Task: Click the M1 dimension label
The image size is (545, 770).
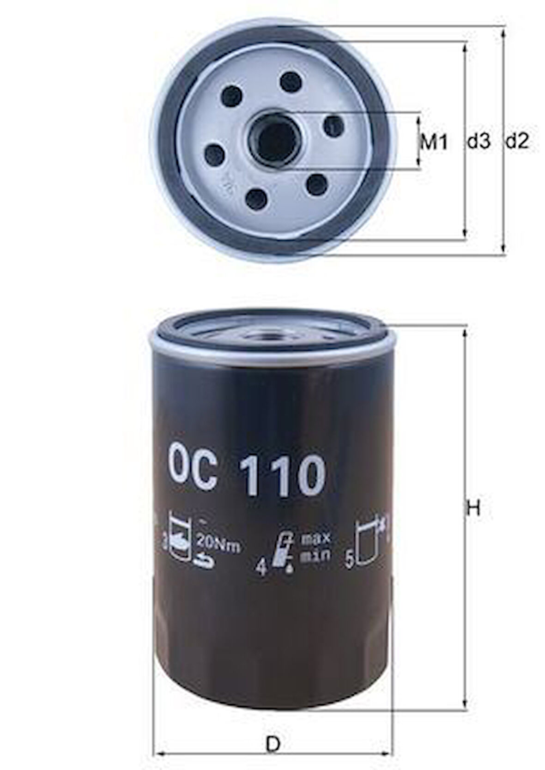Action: [434, 142]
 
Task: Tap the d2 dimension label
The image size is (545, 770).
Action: [516, 141]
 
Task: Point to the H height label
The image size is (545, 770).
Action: [473, 509]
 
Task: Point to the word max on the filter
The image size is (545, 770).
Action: [315, 539]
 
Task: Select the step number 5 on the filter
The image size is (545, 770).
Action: [350, 560]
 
